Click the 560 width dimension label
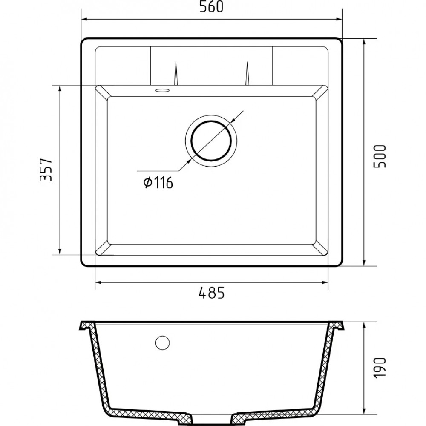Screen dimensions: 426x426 212,8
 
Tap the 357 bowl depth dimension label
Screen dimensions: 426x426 46,170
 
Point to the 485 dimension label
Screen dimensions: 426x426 211,293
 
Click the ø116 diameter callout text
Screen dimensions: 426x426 158,183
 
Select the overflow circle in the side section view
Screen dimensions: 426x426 162,343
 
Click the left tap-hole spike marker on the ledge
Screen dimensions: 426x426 176,74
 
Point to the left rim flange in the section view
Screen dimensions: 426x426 85,327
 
